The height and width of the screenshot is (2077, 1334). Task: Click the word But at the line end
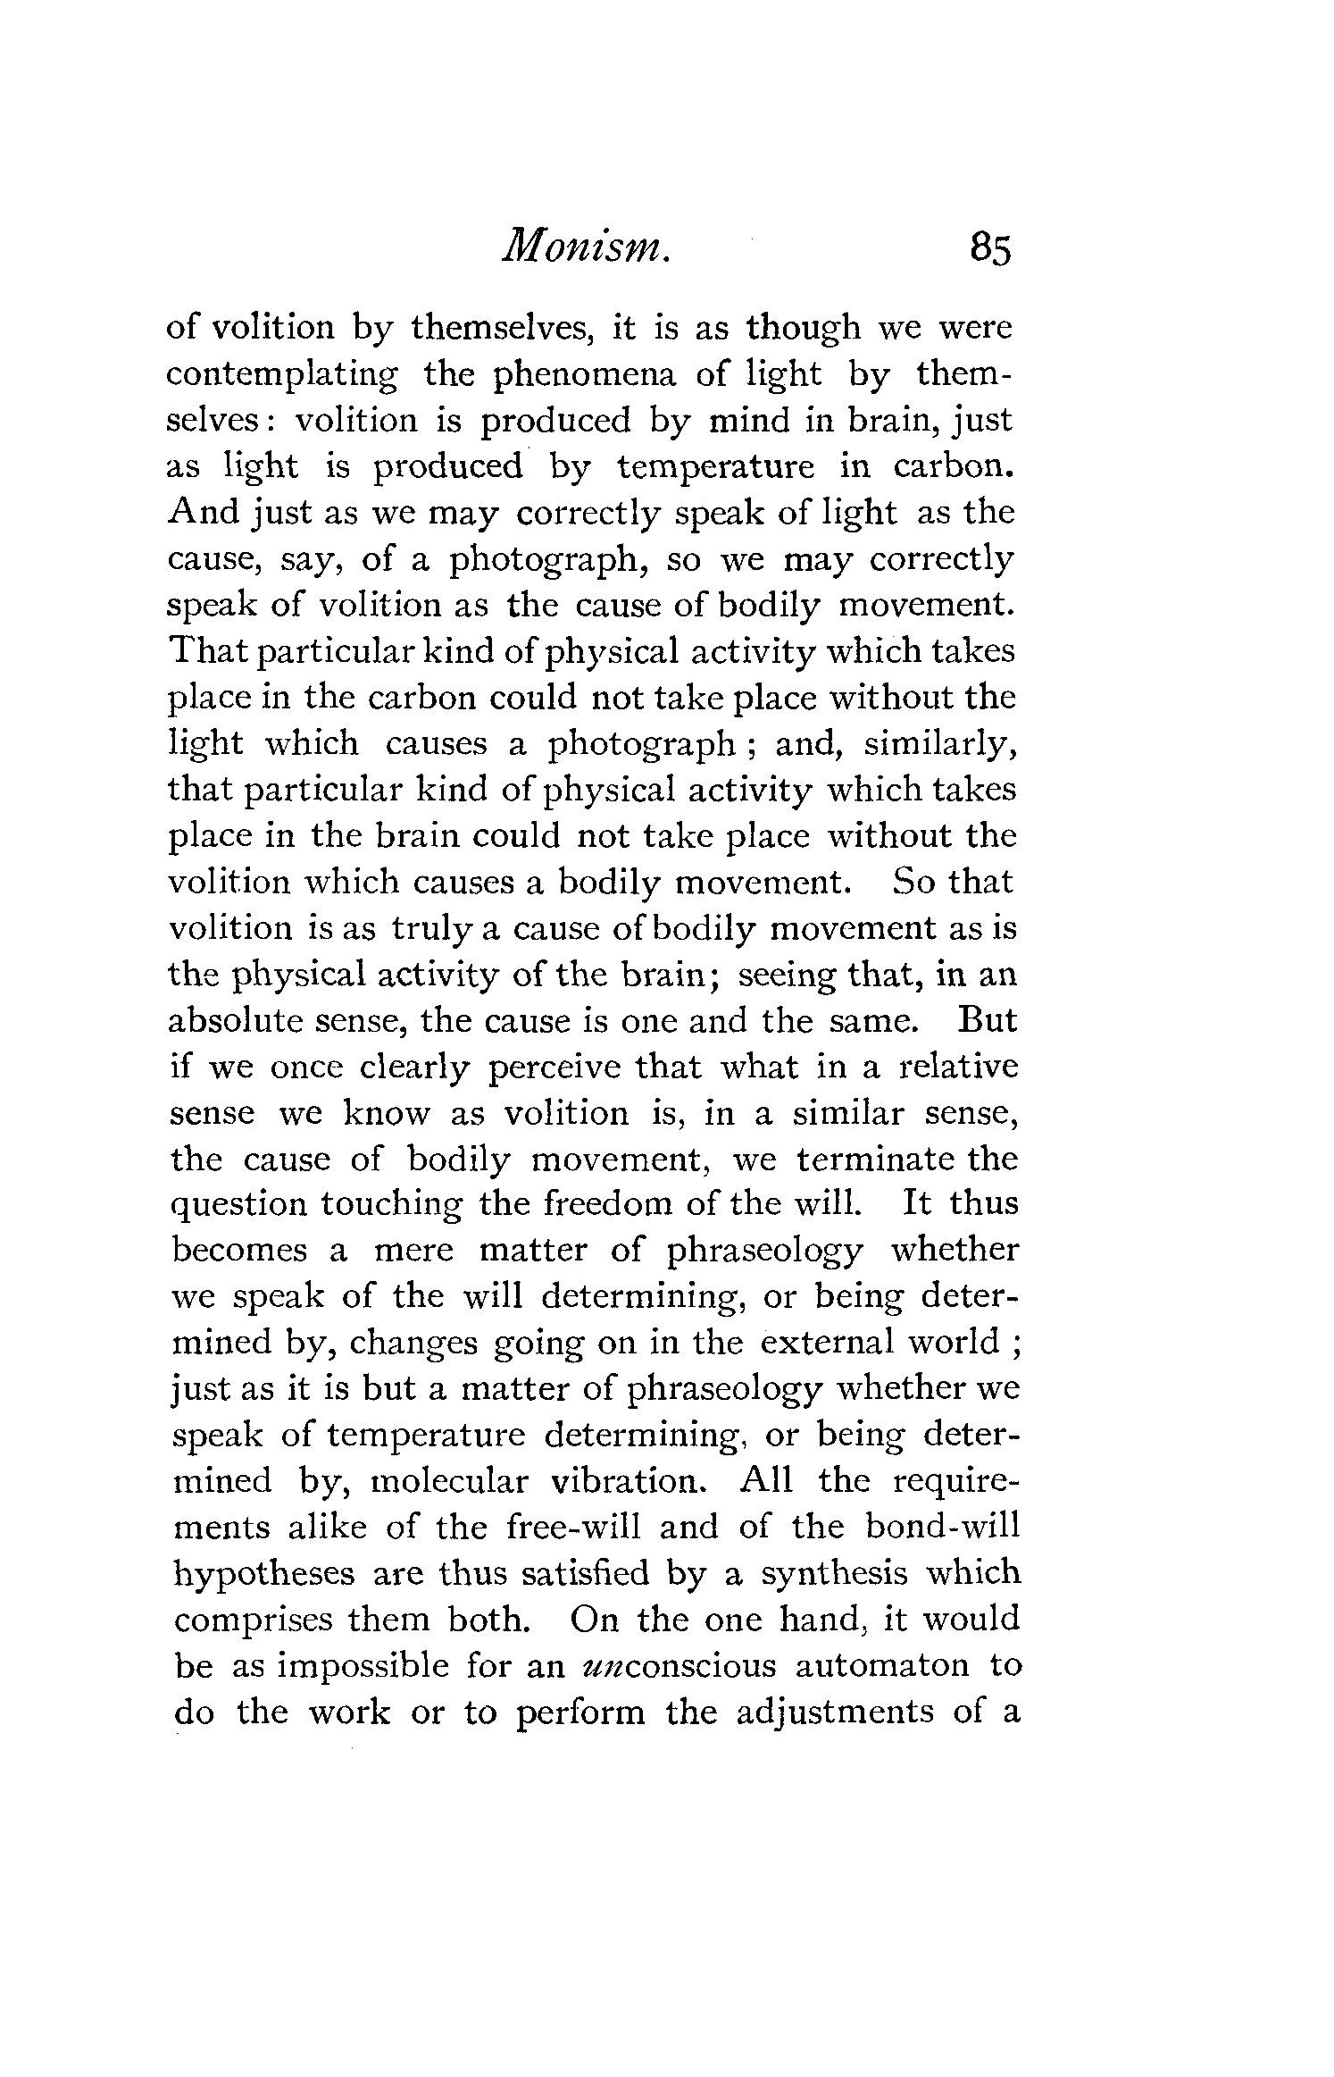coord(986,1020)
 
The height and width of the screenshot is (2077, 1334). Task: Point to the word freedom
coord(607,1205)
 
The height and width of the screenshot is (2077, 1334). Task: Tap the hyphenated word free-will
coord(572,1527)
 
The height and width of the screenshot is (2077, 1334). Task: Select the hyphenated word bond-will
coord(942,1527)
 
